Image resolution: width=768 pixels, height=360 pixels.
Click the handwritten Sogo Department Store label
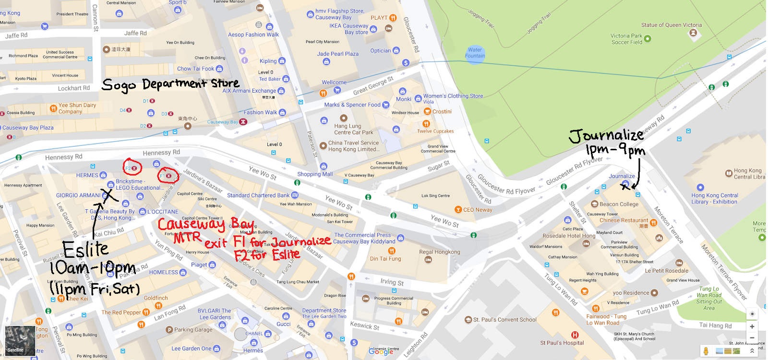click(x=170, y=84)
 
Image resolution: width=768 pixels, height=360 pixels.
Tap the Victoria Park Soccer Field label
click(x=626, y=39)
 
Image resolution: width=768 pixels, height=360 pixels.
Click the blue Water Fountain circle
click(x=475, y=53)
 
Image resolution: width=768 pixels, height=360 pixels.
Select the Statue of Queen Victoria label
click(x=671, y=25)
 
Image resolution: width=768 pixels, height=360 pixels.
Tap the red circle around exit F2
click(x=132, y=168)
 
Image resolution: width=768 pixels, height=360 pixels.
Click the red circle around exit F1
click(x=168, y=176)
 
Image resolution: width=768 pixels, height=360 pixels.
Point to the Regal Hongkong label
click(x=439, y=252)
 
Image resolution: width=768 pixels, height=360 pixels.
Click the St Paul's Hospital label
click(x=562, y=343)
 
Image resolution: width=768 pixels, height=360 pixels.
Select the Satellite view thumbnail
click(x=15, y=340)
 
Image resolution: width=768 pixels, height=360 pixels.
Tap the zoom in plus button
click(x=752, y=326)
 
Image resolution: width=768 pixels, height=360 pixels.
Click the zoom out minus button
click(x=752, y=337)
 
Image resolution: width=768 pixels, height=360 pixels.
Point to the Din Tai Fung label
click(x=385, y=259)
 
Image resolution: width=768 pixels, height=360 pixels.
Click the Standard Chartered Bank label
click(x=258, y=195)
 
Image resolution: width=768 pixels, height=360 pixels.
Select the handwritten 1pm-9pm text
click(x=615, y=151)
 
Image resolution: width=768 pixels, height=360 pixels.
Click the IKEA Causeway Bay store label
click(x=349, y=29)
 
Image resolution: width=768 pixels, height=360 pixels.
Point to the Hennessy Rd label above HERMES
click(x=63, y=157)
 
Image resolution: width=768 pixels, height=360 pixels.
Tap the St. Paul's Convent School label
click(x=504, y=320)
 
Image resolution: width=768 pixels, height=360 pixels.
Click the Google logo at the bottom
click(x=381, y=351)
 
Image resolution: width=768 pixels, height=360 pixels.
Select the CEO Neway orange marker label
click(x=477, y=210)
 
